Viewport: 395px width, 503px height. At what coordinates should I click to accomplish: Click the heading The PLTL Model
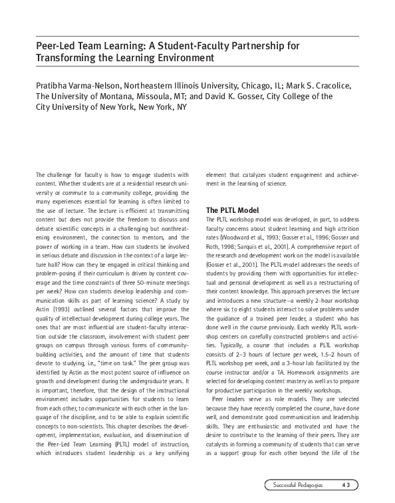tap(232, 210)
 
